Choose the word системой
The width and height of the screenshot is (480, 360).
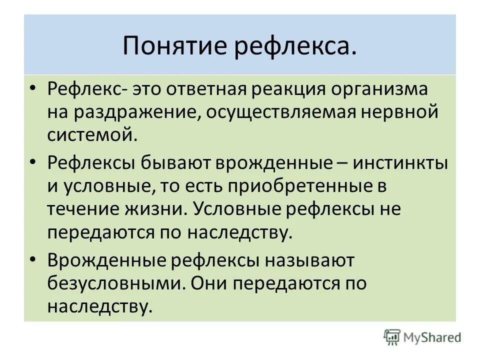(x=92, y=134)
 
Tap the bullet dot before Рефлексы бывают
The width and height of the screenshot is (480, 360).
(x=33, y=161)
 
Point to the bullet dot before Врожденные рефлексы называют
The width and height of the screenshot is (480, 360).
(x=33, y=259)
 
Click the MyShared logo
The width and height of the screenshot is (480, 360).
(x=422, y=337)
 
